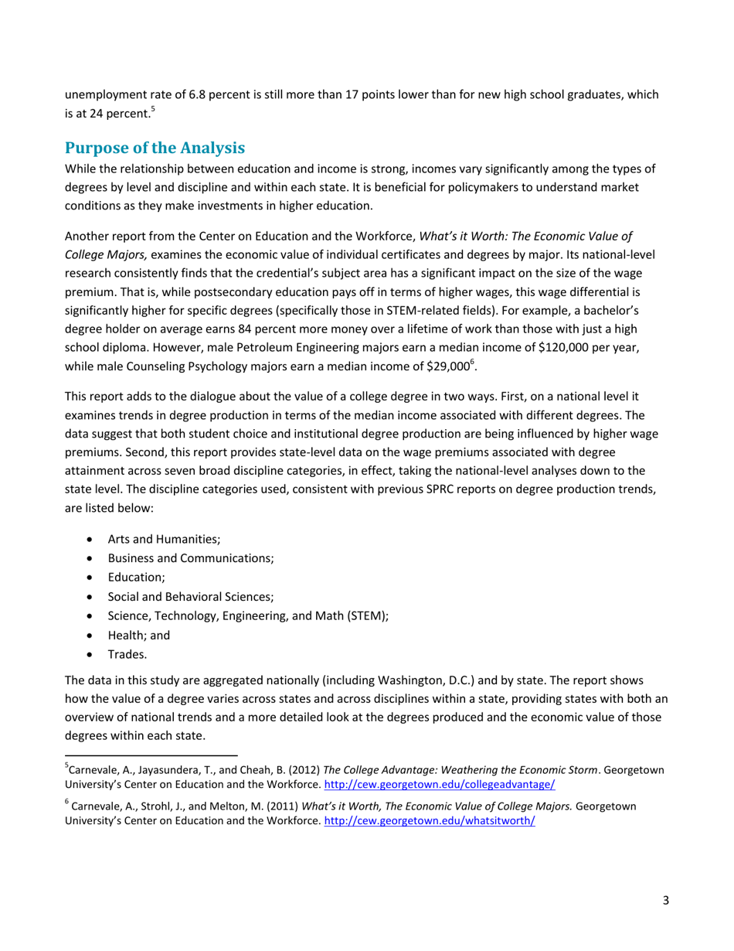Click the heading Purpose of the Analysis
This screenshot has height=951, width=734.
pos(155,148)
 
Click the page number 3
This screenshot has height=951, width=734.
pos(665,900)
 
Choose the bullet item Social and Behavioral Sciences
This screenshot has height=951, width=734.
pos(191,597)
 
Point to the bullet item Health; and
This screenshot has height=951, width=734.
pos(138,635)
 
